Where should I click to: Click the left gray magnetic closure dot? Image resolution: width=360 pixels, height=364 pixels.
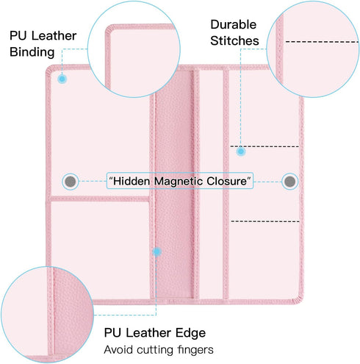(71, 182)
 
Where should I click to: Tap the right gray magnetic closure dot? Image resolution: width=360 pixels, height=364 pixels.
(289, 182)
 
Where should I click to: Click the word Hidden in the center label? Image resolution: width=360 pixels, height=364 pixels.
(132, 181)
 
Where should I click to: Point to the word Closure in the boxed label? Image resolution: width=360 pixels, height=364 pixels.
(226, 181)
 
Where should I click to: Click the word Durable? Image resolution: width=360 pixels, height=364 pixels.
(234, 24)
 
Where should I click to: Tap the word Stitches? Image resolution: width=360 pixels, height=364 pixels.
(234, 40)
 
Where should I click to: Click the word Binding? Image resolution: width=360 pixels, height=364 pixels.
(32, 53)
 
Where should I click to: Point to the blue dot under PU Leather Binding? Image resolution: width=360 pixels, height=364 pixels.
(62, 79)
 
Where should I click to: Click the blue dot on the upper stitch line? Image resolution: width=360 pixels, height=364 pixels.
(241, 151)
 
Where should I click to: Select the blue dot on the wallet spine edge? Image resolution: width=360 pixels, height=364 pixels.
(156, 251)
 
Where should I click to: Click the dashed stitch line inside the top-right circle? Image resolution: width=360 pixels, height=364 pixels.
(322, 42)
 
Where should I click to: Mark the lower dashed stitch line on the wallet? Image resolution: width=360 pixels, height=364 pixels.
(265, 221)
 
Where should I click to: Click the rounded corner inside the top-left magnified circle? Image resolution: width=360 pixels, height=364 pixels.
(109, 29)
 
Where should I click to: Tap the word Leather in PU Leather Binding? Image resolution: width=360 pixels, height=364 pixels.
(54, 36)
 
